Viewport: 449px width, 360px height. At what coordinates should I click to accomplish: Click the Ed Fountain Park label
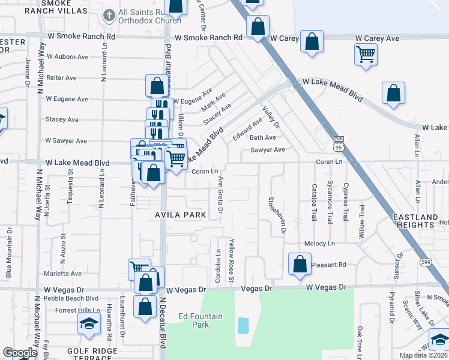click(x=193, y=320)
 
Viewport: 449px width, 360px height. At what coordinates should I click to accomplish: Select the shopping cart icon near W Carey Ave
click(x=366, y=54)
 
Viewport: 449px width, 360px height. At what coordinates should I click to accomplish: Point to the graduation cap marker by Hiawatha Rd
click(x=89, y=324)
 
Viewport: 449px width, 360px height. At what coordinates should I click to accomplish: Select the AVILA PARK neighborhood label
click(x=181, y=215)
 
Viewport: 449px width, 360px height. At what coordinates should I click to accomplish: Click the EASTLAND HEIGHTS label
click(x=415, y=220)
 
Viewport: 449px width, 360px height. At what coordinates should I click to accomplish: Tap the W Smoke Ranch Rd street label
click(x=208, y=37)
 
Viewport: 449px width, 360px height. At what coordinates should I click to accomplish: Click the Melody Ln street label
click(x=319, y=244)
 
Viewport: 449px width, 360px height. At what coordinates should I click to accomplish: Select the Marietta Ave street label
click(x=63, y=274)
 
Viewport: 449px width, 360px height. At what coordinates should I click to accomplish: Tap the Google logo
click(x=20, y=353)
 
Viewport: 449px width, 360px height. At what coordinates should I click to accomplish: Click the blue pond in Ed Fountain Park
click(x=243, y=326)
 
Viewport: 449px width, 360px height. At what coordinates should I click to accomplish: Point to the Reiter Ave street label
click(x=62, y=78)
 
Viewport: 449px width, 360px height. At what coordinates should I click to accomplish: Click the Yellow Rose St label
click(x=231, y=259)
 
